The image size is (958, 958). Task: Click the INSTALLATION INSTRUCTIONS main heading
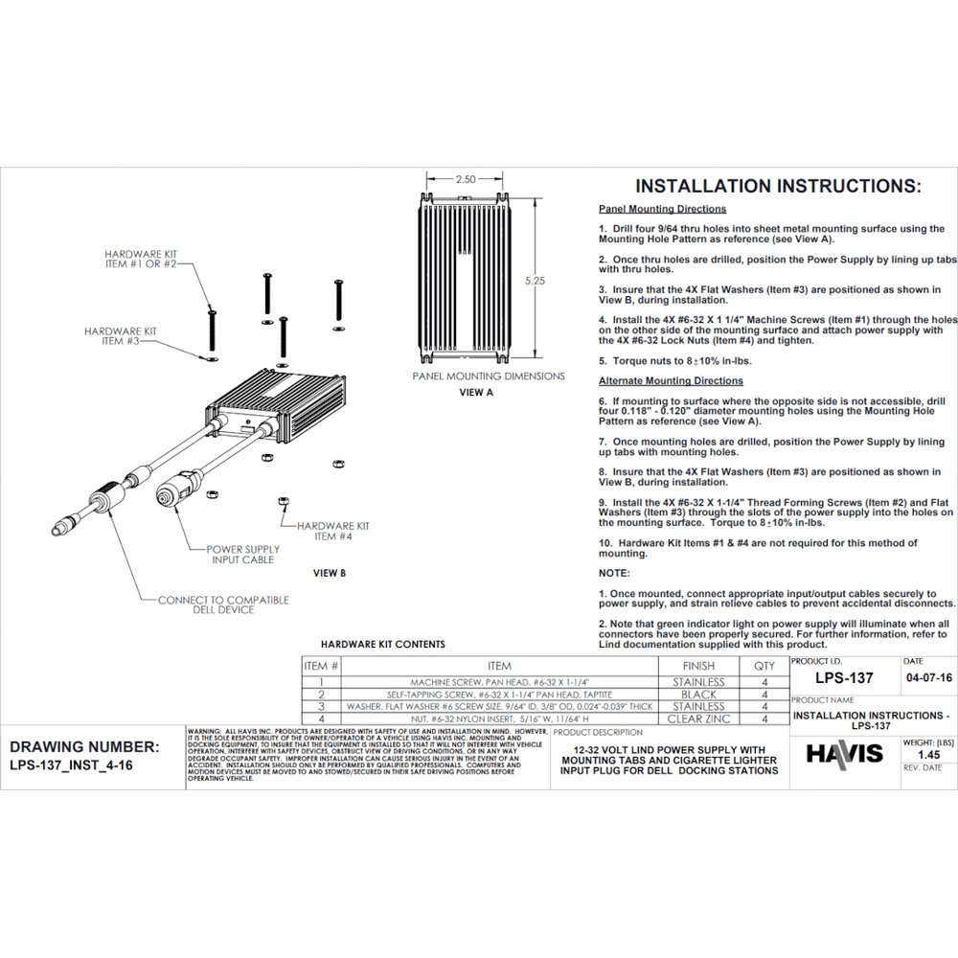pos(778,186)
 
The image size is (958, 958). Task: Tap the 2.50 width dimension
pos(466,179)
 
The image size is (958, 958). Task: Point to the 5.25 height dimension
pos(536,282)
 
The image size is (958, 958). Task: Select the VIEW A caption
pos(476,393)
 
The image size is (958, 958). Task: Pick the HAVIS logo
pos(844,754)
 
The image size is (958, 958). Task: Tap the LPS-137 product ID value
pos(844,678)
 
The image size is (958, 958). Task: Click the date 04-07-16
pos(927,676)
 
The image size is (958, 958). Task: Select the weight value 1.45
pos(927,755)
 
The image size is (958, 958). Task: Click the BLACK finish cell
pos(698,694)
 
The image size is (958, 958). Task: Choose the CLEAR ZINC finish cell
pos(698,718)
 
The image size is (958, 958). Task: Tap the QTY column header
pos(764,666)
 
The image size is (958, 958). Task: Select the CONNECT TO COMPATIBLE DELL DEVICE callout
pos(223,604)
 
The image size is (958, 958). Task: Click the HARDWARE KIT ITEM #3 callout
pos(120,335)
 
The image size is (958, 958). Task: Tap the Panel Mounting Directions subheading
pos(662,209)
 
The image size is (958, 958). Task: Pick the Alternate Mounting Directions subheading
pos(671,381)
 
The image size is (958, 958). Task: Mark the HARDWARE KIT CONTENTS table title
pos(382,645)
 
